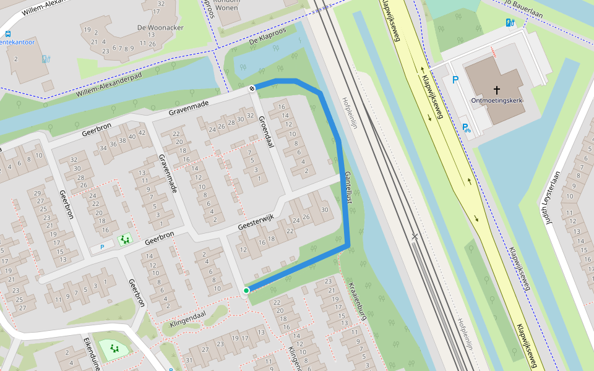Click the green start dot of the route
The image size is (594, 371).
(x=246, y=290)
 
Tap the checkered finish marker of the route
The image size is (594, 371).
(x=252, y=88)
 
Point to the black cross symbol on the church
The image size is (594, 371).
(x=496, y=90)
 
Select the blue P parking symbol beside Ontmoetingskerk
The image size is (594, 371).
(x=455, y=80)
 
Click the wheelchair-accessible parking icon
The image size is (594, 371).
(x=465, y=128)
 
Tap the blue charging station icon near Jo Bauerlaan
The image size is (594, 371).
(x=509, y=23)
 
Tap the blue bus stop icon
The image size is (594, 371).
(x=7, y=35)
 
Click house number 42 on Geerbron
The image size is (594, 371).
(x=141, y=132)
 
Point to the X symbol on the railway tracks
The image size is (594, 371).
(x=415, y=236)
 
